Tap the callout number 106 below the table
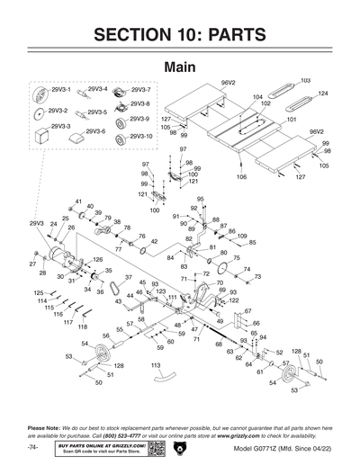pos(241,177)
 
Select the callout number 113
pos(156,366)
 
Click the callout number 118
pos(83,326)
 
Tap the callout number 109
pos(242,236)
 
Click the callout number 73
pos(257,278)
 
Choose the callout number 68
pos(218,344)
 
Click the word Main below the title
pos(180,67)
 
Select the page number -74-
pos(33,447)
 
